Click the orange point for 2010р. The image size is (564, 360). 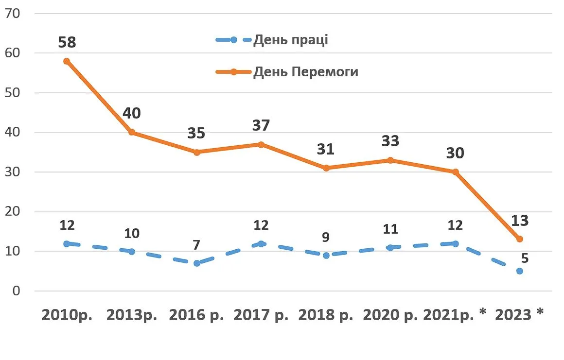point(67,61)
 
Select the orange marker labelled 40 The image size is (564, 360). point(131,132)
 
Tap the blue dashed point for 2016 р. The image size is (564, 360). point(196,263)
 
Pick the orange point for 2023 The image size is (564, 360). point(520,239)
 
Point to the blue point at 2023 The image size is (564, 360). point(520,271)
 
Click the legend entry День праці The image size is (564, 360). point(290,40)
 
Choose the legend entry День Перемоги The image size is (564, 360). point(305,72)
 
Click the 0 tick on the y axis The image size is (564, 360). point(16,291)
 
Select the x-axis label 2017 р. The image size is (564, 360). point(261,315)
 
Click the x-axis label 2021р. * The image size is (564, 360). point(455,315)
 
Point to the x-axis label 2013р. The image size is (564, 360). point(131,315)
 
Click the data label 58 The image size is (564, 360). point(67,42)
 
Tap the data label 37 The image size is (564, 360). point(261,125)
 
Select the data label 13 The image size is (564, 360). point(520,220)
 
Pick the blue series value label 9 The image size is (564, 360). point(326,237)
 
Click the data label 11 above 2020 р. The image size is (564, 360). point(390,229)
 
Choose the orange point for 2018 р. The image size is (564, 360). point(326,168)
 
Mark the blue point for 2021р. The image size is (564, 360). point(455,243)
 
